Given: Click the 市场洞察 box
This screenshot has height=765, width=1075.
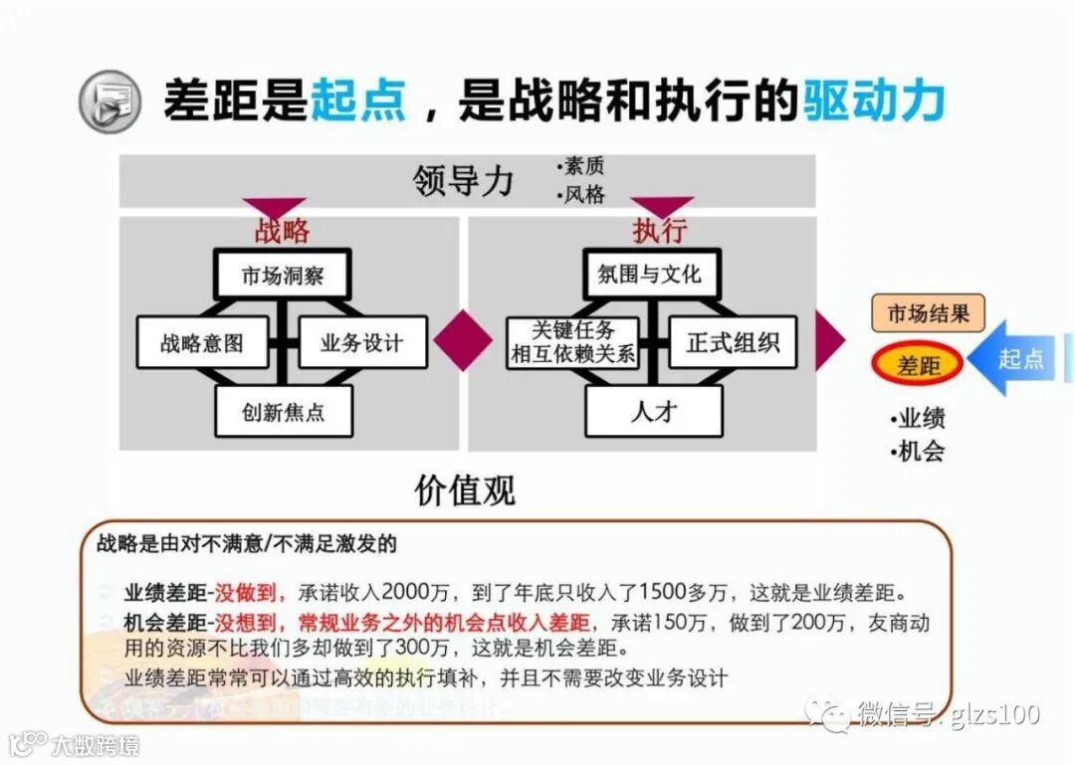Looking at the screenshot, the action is pos(283,276).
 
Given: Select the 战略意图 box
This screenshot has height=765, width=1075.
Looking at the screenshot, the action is pos(202,343).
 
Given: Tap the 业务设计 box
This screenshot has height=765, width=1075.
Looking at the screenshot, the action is pos(362,343).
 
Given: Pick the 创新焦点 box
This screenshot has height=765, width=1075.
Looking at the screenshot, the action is pos(284,411).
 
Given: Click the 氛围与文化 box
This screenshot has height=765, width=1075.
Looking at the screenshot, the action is pos(650,276).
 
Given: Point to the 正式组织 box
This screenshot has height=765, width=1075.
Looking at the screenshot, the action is pos(733,343).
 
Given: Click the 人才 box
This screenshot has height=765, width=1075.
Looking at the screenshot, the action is pos(653,411).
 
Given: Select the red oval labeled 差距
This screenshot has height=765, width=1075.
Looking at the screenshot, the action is pos(918,365).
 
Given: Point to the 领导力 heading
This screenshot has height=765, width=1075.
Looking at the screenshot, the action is pos(464,181).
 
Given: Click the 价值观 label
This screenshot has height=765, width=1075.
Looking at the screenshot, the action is pos(465,489).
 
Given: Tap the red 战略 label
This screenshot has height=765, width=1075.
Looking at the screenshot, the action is pos(282,231).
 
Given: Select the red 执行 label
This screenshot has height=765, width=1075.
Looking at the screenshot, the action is pos(659,231).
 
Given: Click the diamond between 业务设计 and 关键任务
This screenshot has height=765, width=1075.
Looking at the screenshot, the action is pos(463,340).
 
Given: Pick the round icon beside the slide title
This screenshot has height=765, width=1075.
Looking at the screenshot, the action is pos(107,101).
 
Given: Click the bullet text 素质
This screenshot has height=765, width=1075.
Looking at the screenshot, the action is pos(583,166).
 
